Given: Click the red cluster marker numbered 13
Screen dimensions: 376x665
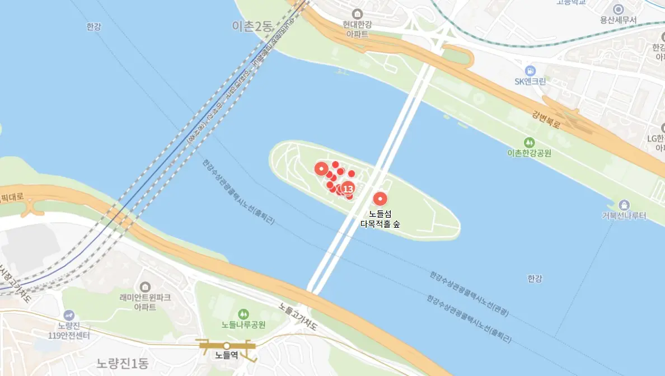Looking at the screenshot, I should [348, 189].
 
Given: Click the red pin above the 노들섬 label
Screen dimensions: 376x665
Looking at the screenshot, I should [380, 199].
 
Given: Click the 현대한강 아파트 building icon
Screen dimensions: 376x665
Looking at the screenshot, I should [357, 14].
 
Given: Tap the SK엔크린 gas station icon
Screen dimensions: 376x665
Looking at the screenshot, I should [530, 70].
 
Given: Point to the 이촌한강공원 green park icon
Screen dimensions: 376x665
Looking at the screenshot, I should [529, 142].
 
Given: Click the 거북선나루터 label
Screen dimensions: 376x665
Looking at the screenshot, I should [624, 216].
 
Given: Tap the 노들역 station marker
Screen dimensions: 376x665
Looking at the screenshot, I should [227, 346].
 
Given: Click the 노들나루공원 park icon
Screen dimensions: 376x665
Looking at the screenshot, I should [243, 314].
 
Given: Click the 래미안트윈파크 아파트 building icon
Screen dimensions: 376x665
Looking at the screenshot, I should [145, 287].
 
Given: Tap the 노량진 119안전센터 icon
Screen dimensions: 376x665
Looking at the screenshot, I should [69, 316].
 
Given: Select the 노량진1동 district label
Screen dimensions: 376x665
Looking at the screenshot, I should [122, 364].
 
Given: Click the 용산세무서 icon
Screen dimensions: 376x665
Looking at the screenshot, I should [618, 9].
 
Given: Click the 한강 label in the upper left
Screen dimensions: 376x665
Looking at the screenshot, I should [94, 26].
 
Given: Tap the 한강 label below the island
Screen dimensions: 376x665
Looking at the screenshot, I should [535, 278].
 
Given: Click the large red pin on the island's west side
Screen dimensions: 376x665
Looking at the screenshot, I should [321, 168].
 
